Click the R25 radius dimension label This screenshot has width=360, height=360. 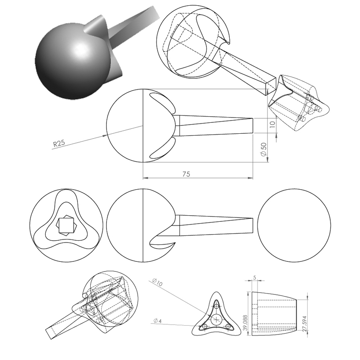(60, 143)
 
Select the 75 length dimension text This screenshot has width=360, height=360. (186, 174)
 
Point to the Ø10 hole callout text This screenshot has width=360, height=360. (157, 283)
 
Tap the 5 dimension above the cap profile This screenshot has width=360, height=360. (255, 278)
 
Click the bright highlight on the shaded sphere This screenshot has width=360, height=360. (81, 49)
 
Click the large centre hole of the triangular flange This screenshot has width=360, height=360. (217, 319)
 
